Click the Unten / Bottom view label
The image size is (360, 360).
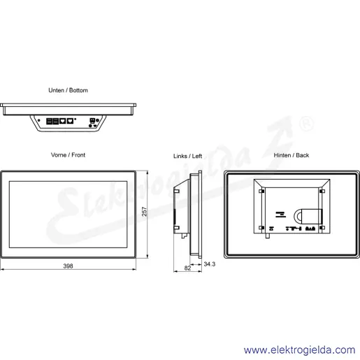pos(68,90)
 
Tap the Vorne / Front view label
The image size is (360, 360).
pos(68,155)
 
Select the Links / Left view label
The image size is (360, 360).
pos(187,156)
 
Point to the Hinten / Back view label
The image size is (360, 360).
pos(291,155)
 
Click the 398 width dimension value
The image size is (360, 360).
pos(68,266)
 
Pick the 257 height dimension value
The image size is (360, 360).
pos(145,211)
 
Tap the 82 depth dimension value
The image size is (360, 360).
pos(187,268)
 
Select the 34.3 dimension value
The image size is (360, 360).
pos(210,264)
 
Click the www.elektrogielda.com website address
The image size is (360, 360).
pos(299,350)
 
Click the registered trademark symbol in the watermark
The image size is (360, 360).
pos(306,124)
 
